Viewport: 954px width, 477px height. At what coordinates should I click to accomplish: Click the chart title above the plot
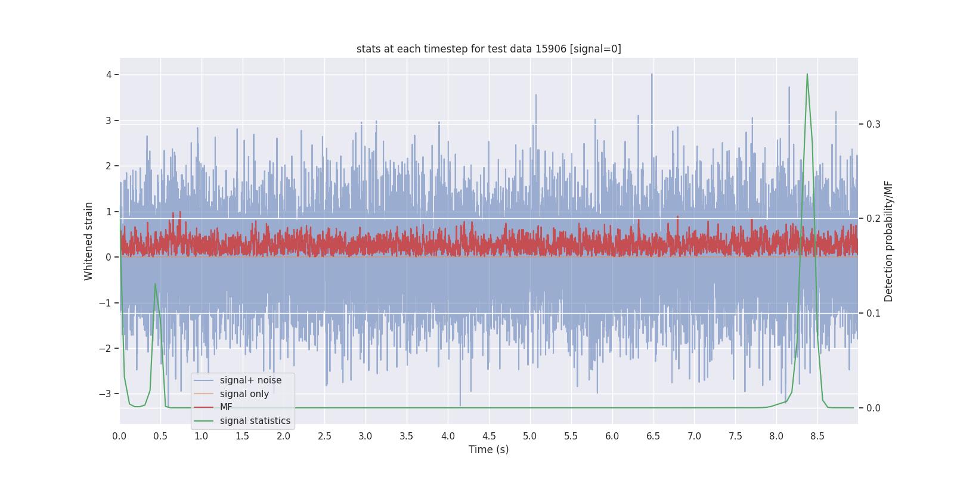[488, 49]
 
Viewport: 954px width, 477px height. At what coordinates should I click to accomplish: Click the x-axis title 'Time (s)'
[488, 450]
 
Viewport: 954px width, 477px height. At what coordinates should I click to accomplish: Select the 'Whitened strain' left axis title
[89, 241]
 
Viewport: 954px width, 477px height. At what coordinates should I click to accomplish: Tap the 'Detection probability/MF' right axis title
[888, 241]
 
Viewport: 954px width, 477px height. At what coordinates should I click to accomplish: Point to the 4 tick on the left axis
[109, 75]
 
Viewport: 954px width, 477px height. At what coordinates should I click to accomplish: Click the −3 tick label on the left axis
[106, 394]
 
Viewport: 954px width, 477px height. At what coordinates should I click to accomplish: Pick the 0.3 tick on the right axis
[873, 124]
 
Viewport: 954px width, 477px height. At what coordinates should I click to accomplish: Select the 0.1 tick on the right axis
[873, 313]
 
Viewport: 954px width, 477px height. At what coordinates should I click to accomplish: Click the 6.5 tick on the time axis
[653, 436]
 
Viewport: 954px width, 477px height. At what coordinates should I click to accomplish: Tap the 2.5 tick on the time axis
[324, 436]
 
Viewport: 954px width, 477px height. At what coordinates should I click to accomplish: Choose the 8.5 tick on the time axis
[817, 436]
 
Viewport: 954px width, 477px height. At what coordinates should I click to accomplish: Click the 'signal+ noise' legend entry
[250, 380]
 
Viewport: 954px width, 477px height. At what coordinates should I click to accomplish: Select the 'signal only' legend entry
[244, 394]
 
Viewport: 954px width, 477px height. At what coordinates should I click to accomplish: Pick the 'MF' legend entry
[226, 407]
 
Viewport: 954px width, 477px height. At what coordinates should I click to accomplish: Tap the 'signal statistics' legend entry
[255, 421]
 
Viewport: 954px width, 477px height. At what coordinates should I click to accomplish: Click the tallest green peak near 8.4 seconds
[807, 75]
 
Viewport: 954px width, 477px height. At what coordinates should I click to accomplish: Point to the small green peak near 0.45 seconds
[155, 284]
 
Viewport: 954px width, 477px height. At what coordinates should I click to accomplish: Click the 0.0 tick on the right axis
[873, 408]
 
